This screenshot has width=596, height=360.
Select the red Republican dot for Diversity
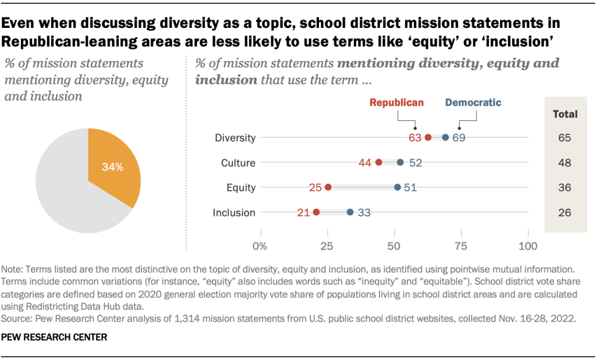(x=428, y=138)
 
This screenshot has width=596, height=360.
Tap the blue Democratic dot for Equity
(x=398, y=187)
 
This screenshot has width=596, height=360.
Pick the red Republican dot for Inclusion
(x=316, y=212)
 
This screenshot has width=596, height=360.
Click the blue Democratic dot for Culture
(x=400, y=162)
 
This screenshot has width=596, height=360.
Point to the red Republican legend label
(x=396, y=103)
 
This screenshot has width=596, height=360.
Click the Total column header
(x=565, y=114)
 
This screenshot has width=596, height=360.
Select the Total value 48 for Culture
(x=565, y=163)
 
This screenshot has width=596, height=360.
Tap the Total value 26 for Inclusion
(x=565, y=213)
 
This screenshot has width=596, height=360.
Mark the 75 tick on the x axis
(x=461, y=245)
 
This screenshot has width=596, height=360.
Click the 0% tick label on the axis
(x=260, y=245)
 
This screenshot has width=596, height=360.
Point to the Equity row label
(x=241, y=187)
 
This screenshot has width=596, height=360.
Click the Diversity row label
(x=235, y=138)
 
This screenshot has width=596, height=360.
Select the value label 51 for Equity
(x=410, y=187)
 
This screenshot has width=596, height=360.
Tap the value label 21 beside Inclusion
(x=303, y=213)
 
